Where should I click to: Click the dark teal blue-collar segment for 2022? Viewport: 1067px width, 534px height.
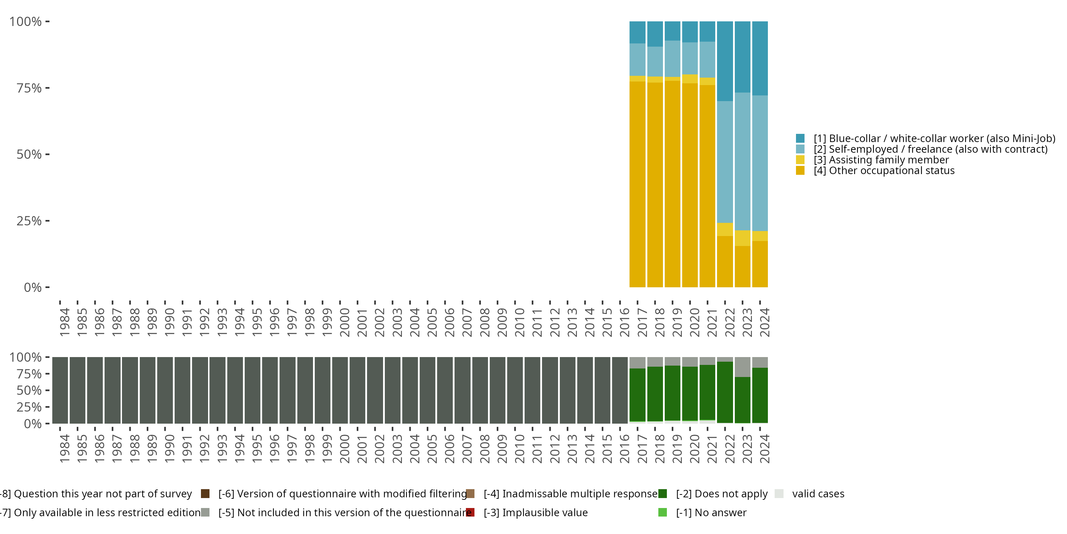click(x=725, y=61)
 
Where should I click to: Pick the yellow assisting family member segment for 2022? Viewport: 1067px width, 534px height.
click(x=725, y=229)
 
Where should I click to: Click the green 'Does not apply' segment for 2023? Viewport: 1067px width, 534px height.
click(x=742, y=400)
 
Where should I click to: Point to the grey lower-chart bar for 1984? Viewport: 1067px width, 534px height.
click(x=60, y=390)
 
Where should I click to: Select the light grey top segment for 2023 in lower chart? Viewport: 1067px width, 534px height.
click(x=742, y=367)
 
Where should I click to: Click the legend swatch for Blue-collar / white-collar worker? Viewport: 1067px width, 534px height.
click(x=800, y=138)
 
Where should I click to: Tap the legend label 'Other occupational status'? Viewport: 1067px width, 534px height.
click(x=891, y=171)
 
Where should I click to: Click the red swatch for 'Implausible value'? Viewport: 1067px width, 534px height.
click(x=470, y=512)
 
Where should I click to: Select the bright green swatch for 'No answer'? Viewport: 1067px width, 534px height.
click(x=662, y=512)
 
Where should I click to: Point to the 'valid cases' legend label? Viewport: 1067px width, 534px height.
click(x=818, y=494)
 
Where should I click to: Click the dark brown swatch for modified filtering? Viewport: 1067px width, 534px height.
click(x=205, y=494)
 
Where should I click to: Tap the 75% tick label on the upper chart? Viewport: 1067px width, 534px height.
click(x=29, y=88)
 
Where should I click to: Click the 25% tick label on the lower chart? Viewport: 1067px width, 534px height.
click(x=29, y=407)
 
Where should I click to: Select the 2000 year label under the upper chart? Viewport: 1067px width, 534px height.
click(x=345, y=322)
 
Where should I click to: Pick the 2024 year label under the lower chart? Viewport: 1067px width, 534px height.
click(x=765, y=449)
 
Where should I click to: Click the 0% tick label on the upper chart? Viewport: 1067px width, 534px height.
click(x=32, y=287)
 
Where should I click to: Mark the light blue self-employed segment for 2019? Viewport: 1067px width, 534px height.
click(x=672, y=59)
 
